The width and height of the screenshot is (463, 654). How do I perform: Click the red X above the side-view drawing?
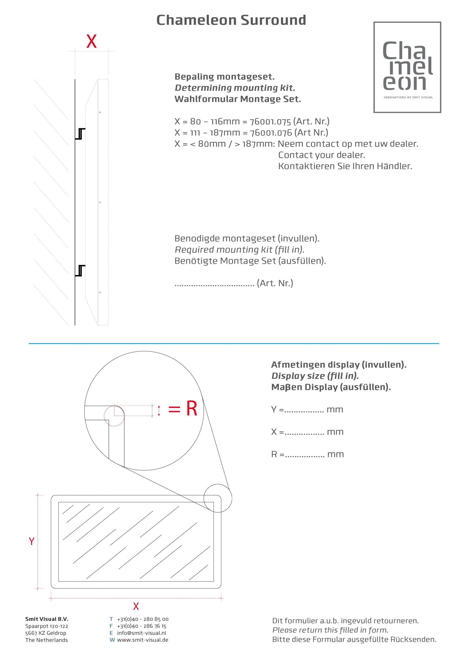(x=92, y=41)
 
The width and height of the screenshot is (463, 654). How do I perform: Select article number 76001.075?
(x=270, y=122)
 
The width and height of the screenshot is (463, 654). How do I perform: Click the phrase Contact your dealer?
(x=322, y=155)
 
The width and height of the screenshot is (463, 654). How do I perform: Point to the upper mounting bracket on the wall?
(x=80, y=134)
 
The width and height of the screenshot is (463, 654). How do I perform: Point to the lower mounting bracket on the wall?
(x=80, y=271)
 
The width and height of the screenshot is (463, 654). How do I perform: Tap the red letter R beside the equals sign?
(x=191, y=408)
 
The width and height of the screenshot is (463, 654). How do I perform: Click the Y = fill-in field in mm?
(x=307, y=410)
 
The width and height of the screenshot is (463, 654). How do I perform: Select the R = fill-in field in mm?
(x=307, y=454)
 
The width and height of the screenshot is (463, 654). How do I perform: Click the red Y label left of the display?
(x=32, y=541)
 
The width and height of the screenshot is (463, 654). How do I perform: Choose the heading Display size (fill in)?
(x=315, y=376)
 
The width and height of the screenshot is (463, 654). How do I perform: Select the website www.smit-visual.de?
(x=143, y=640)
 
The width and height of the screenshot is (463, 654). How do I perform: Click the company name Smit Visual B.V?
(x=47, y=619)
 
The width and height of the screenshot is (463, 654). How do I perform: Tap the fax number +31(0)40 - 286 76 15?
(x=142, y=626)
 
